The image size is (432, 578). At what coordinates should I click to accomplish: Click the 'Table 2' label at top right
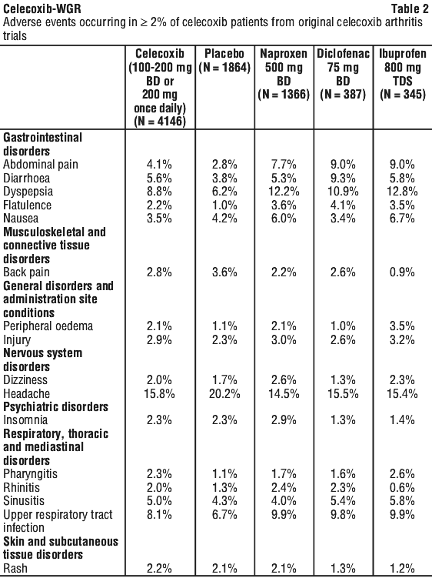[410, 8]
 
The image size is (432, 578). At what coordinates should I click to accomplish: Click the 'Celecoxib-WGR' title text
[42, 8]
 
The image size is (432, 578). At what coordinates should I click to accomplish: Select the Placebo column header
[224, 61]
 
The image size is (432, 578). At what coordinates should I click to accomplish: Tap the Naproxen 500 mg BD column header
[284, 74]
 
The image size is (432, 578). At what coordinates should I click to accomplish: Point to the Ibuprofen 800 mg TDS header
[403, 74]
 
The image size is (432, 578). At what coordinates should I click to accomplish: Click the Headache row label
[26, 393]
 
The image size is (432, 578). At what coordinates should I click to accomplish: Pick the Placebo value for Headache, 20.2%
[224, 393]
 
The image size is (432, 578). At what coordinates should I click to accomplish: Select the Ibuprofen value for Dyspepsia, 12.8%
[402, 192]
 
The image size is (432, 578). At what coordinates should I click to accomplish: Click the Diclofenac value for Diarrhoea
[343, 178]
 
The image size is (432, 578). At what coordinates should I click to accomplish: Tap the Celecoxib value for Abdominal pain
[159, 165]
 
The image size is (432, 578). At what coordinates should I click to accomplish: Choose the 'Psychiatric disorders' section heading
[55, 406]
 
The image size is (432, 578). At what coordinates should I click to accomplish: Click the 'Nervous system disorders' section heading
[43, 359]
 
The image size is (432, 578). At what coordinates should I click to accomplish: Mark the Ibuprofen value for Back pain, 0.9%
[402, 272]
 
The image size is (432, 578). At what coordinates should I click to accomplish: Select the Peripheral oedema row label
[48, 326]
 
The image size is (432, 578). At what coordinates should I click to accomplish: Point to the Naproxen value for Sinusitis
[284, 500]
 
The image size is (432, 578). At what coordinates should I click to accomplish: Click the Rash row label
[15, 568]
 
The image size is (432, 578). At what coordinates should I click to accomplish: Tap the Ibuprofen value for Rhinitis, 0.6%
[402, 487]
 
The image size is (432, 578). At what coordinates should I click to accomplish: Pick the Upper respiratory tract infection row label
[58, 521]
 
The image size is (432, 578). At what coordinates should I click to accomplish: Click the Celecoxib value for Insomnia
[159, 420]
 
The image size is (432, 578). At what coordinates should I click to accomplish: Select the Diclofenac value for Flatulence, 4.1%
[343, 205]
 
